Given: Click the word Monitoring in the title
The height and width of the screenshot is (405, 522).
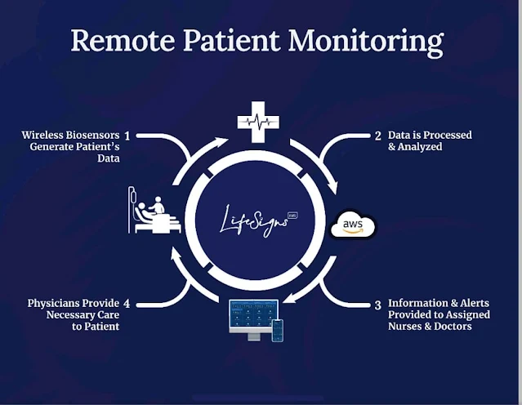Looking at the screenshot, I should pyautogui.click(x=372, y=41).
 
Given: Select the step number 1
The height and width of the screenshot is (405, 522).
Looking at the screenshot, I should pyautogui.click(x=127, y=135).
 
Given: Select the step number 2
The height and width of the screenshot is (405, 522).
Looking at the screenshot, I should pyautogui.click(x=378, y=136).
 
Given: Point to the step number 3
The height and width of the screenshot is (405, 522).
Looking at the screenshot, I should pyautogui.click(x=378, y=305).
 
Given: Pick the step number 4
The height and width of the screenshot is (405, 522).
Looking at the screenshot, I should pyautogui.click(x=127, y=304).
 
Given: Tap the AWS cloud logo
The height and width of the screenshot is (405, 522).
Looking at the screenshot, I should pyautogui.click(x=352, y=225).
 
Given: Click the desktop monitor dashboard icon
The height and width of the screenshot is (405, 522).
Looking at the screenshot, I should pyautogui.click(x=253, y=317).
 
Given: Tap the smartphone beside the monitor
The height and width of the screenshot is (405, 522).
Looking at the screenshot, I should pyautogui.click(x=277, y=329).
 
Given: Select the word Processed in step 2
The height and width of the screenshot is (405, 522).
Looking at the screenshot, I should pyautogui.click(x=448, y=135).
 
